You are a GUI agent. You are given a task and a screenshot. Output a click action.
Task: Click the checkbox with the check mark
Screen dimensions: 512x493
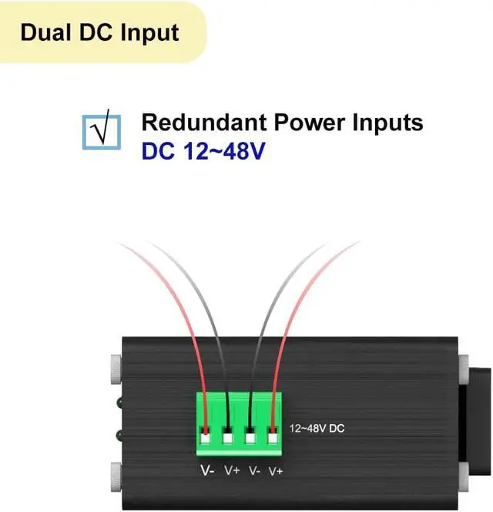click(x=101, y=130)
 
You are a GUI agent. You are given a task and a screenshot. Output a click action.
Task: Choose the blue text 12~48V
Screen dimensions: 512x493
click(x=224, y=150)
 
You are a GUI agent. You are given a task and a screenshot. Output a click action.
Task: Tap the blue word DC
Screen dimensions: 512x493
click(x=159, y=150)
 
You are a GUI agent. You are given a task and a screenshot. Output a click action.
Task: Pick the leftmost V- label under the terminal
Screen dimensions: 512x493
click(x=207, y=470)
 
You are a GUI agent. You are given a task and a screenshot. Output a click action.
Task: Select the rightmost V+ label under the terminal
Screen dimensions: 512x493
click(x=276, y=470)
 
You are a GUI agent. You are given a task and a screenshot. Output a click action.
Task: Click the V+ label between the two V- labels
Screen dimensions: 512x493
click(x=230, y=470)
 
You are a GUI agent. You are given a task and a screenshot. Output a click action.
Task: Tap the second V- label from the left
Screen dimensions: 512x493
click(x=253, y=470)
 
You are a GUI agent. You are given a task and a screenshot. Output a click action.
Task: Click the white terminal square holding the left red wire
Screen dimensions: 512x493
click(x=206, y=439)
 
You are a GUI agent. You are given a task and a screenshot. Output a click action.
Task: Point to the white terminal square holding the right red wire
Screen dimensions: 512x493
click(x=273, y=439)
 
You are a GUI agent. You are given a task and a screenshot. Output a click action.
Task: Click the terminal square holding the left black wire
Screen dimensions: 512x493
click(x=229, y=439)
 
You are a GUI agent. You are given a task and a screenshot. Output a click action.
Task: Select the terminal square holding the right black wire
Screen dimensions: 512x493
click(x=251, y=439)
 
